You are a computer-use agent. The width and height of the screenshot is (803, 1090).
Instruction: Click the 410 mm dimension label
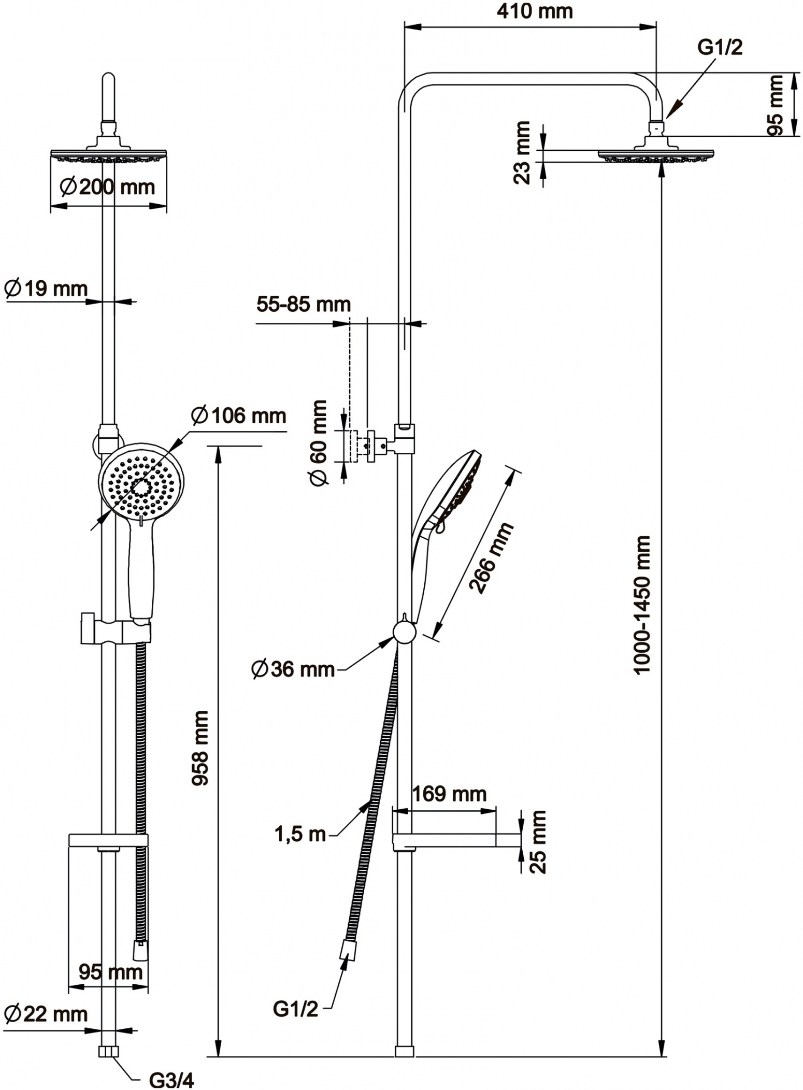pyautogui.click(x=535, y=11)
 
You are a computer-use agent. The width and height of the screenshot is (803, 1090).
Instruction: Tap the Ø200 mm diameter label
pyautogui.click(x=107, y=187)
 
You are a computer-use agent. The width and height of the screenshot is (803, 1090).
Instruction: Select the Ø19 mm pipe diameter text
pyautogui.click(x=46, y=289)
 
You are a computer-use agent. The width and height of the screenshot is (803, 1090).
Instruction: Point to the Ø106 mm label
pyautogui.click(x=238, y=415)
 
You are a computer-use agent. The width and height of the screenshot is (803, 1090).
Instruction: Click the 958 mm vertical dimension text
pyautogui.click(x=200, y=748)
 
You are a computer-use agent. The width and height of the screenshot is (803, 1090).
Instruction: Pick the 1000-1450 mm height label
pyautogui.click(x=641, y=605)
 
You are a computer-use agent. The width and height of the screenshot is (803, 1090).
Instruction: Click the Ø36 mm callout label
pyautogui.click(x=293, y=669)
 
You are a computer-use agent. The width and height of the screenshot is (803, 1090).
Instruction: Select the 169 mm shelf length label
pyautogui.click(x=449, y=794)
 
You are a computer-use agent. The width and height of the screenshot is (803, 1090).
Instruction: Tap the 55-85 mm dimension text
pyautogui.click(x=304, y=304)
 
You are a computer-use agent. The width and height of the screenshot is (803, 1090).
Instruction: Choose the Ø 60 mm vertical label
pyautogui.click(x=319, y=443)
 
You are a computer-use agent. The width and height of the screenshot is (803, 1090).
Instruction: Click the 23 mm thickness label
pyautogui.click(x=522, y=152)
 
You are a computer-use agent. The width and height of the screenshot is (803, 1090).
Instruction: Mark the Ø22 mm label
pyautogui.click(x=46, y=1014)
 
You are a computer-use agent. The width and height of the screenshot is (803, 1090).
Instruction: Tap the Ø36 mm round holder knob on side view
pyautogui.click(x=404, y=632)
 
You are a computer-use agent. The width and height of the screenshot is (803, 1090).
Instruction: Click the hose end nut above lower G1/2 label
pyautogui.click(x=348, y=950)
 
